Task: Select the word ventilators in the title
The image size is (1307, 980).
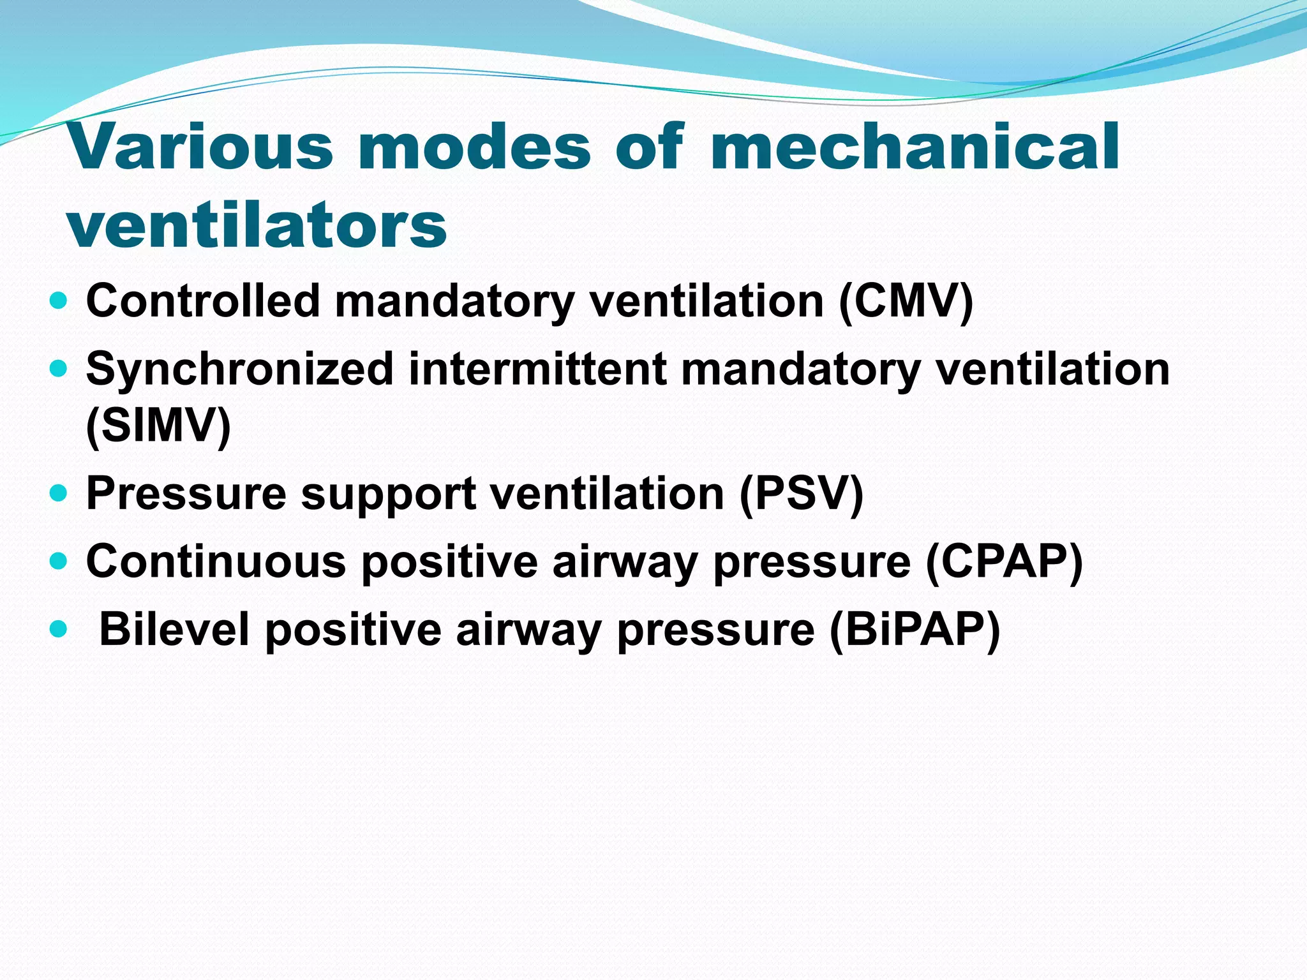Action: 257,225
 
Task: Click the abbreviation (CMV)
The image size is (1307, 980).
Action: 906,301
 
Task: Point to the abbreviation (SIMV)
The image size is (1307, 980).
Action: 158,426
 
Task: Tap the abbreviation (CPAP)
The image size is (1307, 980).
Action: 1004,561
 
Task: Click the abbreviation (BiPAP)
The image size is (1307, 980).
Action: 915,630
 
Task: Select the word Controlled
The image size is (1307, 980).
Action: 203,301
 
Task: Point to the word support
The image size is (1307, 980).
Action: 389,494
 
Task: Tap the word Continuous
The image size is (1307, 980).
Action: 216,561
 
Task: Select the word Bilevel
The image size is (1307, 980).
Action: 174,630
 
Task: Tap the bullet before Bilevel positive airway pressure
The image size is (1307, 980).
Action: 58,629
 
